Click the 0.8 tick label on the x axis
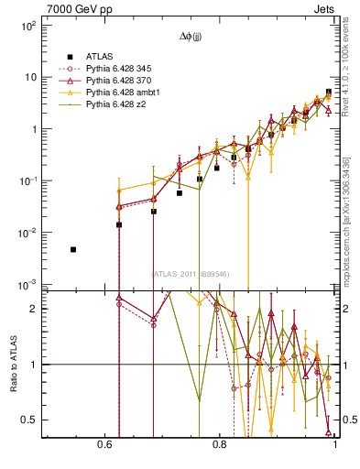pos(220,444)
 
